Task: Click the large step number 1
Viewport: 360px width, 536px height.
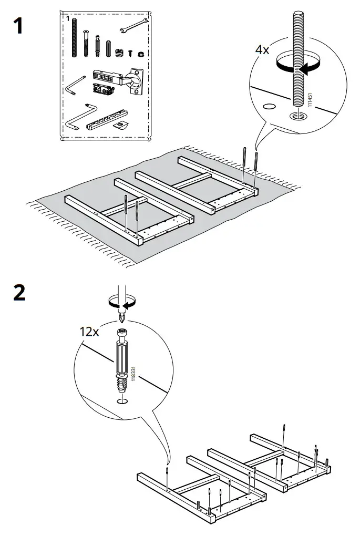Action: [x=18, y=26]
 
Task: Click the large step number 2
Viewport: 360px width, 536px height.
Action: [x=19, y=293]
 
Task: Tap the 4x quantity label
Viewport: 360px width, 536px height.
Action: [x=262, y=49]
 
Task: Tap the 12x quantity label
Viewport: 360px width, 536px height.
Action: [x=89, y=331]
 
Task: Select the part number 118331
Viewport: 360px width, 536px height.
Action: [x=133, y=373]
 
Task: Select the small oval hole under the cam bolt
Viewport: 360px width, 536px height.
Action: [x=122, y=401]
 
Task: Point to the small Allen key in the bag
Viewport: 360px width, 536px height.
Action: [x=75, y=86]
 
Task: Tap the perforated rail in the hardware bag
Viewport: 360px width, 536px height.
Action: [x=107, y=119]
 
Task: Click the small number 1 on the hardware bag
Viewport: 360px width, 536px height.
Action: [x=68, y=18]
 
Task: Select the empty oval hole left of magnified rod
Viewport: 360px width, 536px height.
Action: [x=269, y=106]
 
